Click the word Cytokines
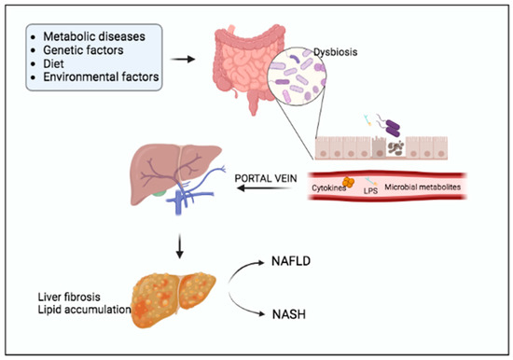328,196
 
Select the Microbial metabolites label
431,196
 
